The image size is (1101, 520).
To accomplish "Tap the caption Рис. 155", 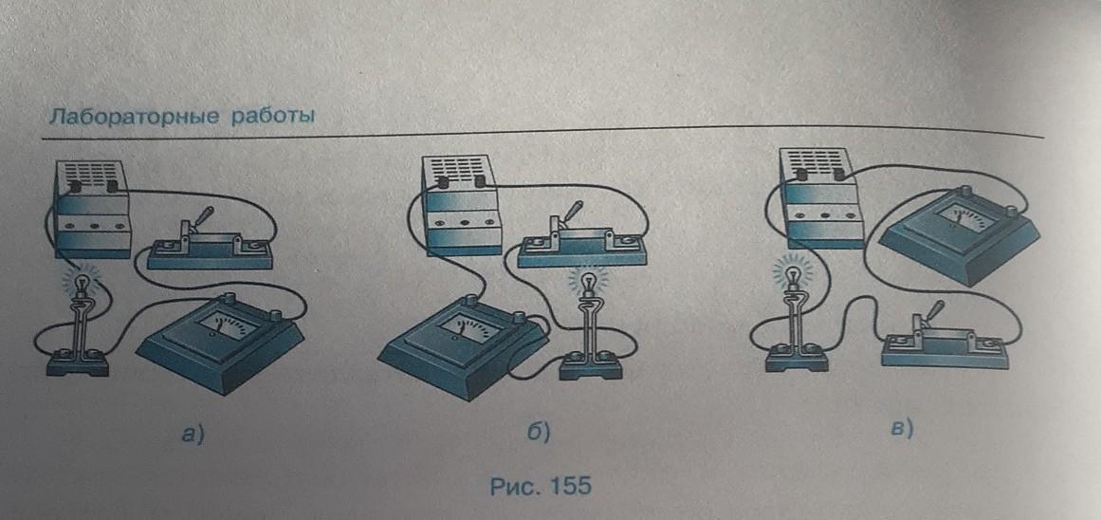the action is [540, 486].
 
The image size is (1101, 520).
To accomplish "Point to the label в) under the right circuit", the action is [901, 428].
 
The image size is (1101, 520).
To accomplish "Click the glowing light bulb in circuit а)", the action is [83, 285].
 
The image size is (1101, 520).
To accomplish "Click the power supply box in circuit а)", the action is [92, 209].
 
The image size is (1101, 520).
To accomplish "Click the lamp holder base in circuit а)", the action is [77, 362].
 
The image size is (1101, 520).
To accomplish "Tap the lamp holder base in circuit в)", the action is [797, 359].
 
